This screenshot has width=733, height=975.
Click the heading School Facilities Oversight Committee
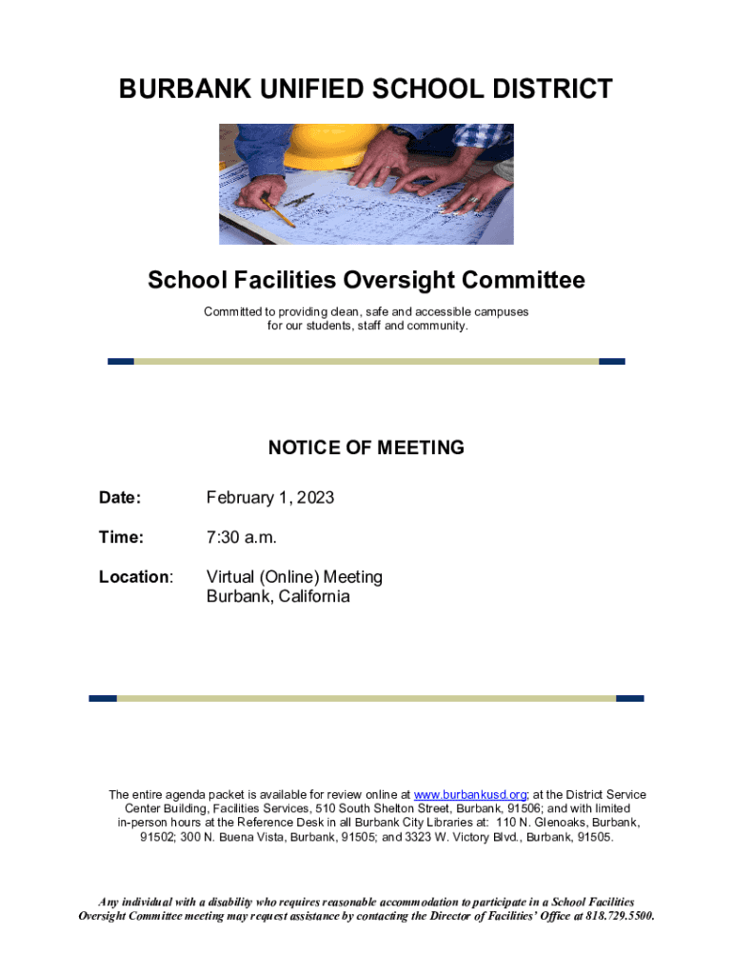point(366,280)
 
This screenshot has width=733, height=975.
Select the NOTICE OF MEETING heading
point(366,448)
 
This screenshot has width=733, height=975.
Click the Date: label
point(120,497)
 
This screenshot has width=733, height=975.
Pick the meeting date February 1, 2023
point(270,497)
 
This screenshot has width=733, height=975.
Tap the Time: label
point(121,537)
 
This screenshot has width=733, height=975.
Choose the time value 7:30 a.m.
point(242,537)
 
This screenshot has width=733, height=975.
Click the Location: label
point(136,577)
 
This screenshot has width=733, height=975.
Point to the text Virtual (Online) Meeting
point(294,577)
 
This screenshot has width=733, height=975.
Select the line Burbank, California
point(278,597)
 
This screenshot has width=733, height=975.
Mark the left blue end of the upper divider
point(121,362)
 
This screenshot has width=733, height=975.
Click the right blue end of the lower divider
point(629,698)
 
